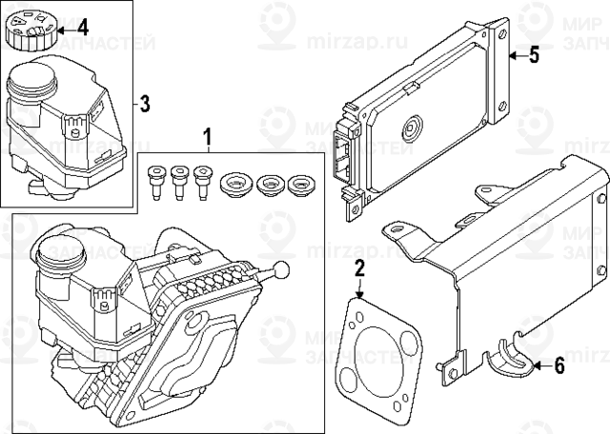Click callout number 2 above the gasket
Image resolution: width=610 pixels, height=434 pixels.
359,269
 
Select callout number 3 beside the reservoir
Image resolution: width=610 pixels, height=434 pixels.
144,103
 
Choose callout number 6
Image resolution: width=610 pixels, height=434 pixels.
559,365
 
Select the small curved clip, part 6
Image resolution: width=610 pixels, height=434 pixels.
505,360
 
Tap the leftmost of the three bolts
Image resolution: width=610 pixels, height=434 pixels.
155,180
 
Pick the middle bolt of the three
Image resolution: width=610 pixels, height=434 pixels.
178,180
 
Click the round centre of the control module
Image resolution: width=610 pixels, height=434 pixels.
415,128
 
